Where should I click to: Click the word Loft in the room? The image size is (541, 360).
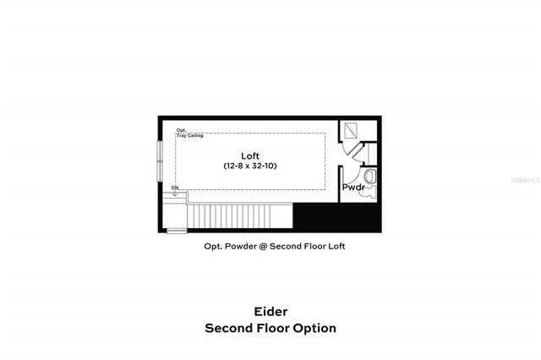pos(249,155)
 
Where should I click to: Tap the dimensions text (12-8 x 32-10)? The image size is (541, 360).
pos(249,166)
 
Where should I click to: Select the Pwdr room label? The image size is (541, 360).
pos(352,187)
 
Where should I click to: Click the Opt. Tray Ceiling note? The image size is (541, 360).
pos(188,134)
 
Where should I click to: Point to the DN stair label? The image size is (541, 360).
pos(175,188)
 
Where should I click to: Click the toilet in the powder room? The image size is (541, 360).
pos(369,193)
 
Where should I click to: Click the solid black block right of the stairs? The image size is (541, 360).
pos(336,217)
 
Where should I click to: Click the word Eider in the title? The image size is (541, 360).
pos(270,311)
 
